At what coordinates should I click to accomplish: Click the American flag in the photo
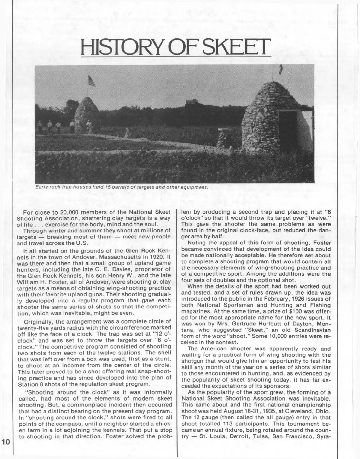pos(91,80)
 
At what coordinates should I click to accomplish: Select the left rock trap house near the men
pos(87,116)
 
